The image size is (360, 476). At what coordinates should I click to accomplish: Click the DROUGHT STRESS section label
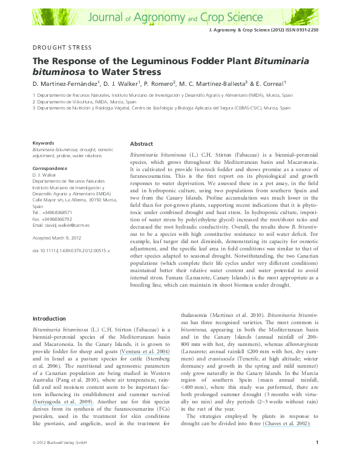click(x=62, y=47)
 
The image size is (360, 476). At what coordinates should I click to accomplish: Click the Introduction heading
click(x=49, y=318)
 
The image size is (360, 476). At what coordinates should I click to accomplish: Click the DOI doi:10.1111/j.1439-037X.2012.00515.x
click(x=71, y=250)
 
